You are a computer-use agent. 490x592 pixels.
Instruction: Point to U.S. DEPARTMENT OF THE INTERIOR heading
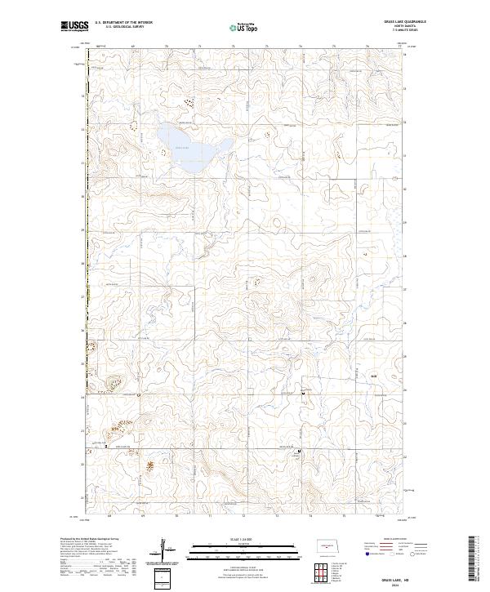pyautogui.click(x=123, y=22)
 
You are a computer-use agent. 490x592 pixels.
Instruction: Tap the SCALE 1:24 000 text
pyautogui.click(x=237, y=540)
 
